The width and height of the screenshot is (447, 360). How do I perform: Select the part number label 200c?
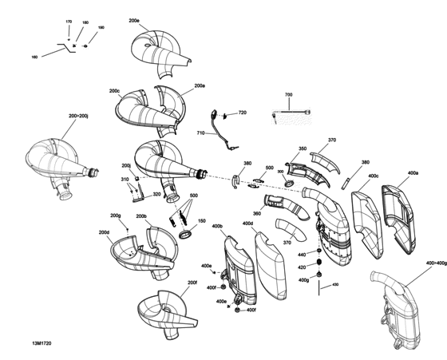tap(114, 91)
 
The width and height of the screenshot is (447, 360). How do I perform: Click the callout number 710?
tap(200, 133)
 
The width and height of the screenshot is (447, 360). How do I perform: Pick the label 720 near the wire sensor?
tap(242, 113)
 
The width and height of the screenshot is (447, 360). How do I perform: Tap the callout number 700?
tap(288, 95)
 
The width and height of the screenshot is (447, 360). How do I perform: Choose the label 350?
tap(303, 148)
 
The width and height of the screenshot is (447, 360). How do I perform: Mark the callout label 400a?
tap(413, 173)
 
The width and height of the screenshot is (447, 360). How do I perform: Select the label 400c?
tap(374, 176)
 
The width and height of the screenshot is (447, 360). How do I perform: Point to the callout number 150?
tap(201, 221)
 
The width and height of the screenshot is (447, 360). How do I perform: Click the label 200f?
tap(192, 283)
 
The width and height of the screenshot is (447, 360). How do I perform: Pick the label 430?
tap(335, 284)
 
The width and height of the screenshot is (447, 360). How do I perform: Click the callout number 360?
tap(256, 213)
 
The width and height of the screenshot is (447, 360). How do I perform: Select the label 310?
tap(125, 180)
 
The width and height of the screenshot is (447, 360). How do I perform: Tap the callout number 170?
tap(68, 21)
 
